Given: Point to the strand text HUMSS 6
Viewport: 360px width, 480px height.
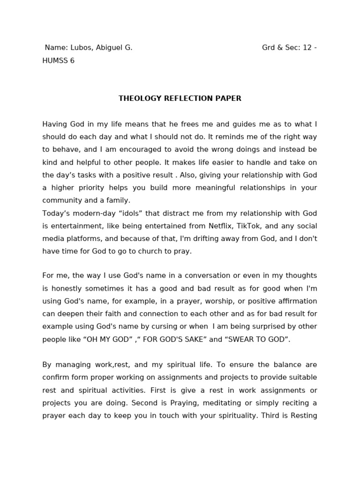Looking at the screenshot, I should point(59,60).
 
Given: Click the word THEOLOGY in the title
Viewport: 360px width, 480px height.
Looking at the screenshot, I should point(139,98).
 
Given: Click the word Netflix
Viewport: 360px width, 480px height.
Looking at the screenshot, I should point(211,225).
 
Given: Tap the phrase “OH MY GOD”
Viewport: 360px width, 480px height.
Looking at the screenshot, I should point(108,339).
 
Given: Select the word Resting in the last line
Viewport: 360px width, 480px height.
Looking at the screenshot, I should point(304,415).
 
